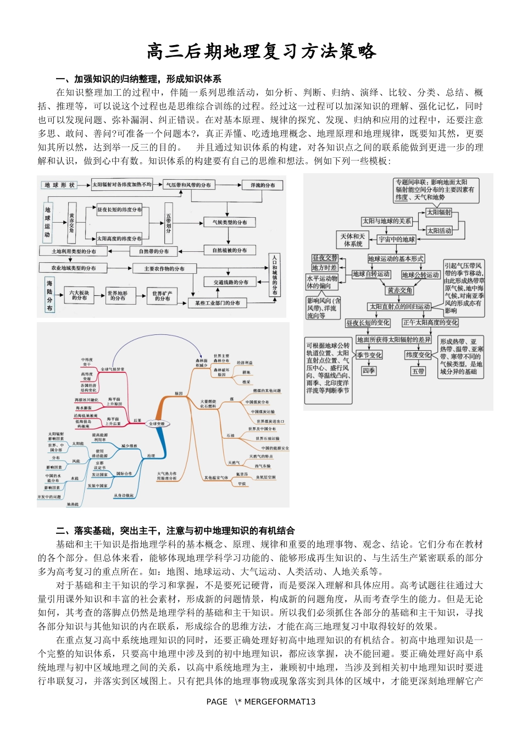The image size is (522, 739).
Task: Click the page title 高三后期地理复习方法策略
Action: [x=261, y=51]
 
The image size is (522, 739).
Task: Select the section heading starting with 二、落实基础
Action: [x=175, y=531]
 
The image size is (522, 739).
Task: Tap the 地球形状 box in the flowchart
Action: [x=60, y=185]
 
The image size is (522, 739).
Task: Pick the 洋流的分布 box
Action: [x=263, y=185]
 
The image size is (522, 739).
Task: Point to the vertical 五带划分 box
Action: [x=168, y=223]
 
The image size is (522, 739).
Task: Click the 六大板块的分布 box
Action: [x=79, y=295]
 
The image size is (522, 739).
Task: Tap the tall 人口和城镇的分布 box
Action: [x=275, y=275]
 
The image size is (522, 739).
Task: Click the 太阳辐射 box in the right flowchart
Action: [x=439, y=212]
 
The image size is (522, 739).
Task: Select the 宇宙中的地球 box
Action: [x=397, y=239]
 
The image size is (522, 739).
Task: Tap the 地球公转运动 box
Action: [x=420, y=274]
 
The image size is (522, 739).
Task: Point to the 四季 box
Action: [x=369, y=371]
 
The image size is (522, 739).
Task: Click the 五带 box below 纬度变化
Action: [x=418, y=371]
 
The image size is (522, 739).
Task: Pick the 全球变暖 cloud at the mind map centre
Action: [x=157, y=424]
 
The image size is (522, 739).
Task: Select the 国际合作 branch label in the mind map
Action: [x=124, y=473]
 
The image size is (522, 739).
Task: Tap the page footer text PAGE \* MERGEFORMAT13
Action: [x=261, y=702]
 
